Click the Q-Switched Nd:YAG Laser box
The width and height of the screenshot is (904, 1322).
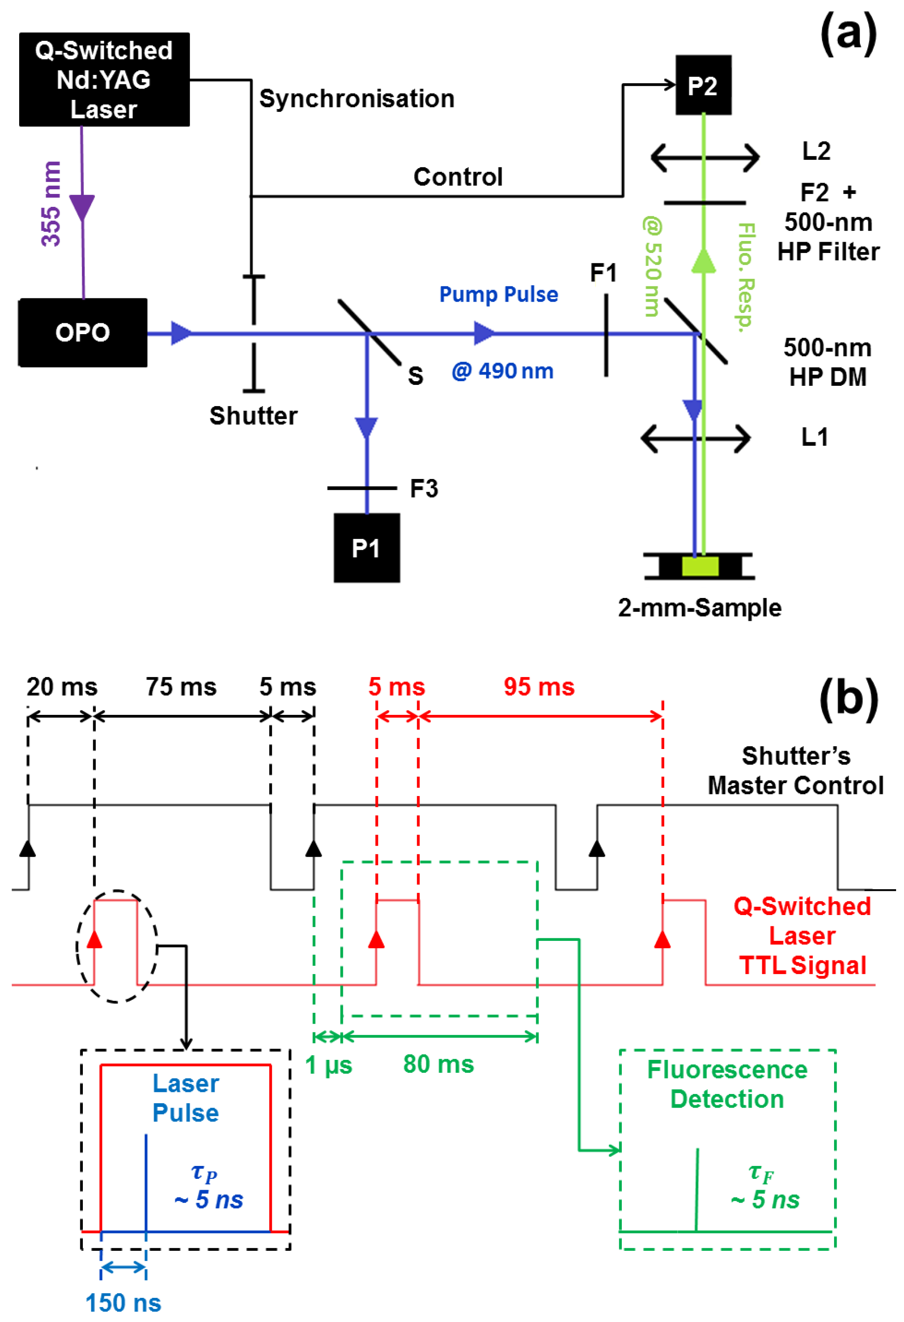(x=104, y=79)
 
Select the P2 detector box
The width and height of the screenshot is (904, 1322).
(x=703, y=85)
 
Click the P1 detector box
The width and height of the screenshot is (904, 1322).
(x=366, y=548)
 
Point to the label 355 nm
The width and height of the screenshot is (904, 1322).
(x=51, y=203)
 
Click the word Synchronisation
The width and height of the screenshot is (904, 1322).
(x=357, y=99)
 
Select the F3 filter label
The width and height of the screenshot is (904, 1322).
(x=424, y=489)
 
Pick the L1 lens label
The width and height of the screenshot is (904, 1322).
(x=814, y=437)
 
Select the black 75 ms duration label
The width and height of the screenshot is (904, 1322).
(x=181, y=687)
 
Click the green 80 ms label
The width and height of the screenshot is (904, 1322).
(x=438, y=1064)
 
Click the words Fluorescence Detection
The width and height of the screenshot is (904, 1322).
(x=727, y=1084)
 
